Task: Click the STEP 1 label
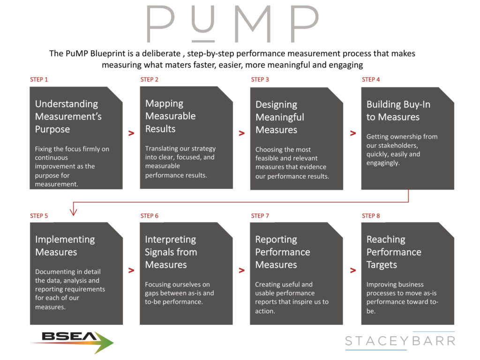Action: tap(39, 80)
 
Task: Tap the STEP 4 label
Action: tap(371, 80)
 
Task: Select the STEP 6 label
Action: tap(150, 216)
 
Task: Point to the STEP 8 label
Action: tap(371, 216)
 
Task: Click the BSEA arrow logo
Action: tap(73, 342)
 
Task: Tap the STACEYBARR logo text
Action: tap(400, 341)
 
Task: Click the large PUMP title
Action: tap(233, 24)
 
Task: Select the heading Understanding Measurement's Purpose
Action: tap(68, 116)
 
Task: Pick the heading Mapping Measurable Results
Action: tap(170, 116)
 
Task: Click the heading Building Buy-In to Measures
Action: tap(398, 111)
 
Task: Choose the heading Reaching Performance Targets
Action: tap(394, 252)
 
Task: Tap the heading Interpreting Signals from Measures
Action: tap(171, 252)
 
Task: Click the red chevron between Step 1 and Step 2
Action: tap(131, 133)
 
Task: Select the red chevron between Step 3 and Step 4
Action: tap(353, 133)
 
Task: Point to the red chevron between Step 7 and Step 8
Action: tap(353, 270)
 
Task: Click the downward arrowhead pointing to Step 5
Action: tap(74, 211)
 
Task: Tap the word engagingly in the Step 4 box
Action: tap(383, 163)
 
